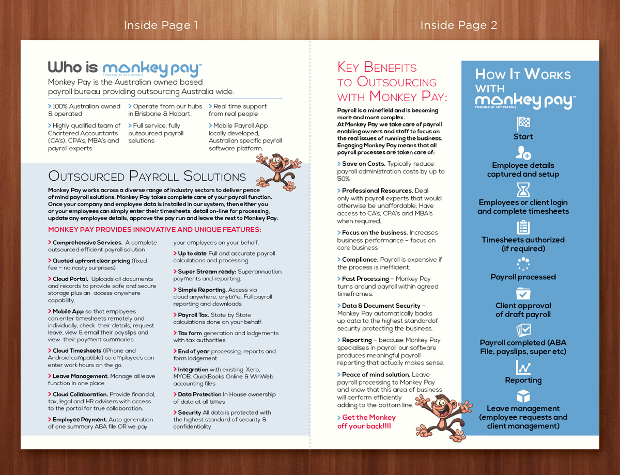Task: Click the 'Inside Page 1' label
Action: click(161, 25)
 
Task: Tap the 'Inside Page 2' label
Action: click(458, 25)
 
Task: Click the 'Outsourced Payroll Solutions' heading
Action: click(147, 176)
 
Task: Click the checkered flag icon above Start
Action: click(523, 124)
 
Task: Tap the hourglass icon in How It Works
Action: click(523, 189)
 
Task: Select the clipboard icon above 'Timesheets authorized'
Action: click(523, 227)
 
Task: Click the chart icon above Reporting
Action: click(523, 368)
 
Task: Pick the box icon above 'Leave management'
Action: click(523, 396)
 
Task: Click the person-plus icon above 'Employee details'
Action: click(523, 153)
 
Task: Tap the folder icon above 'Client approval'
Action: click(523, 293)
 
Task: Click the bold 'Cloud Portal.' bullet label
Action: click(70, 279)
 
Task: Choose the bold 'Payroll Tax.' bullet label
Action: click(193, 315)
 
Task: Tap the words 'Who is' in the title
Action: click(73, 67)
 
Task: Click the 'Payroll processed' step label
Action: click(523, 277)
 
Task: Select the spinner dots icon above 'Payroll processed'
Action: click(523, 264)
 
